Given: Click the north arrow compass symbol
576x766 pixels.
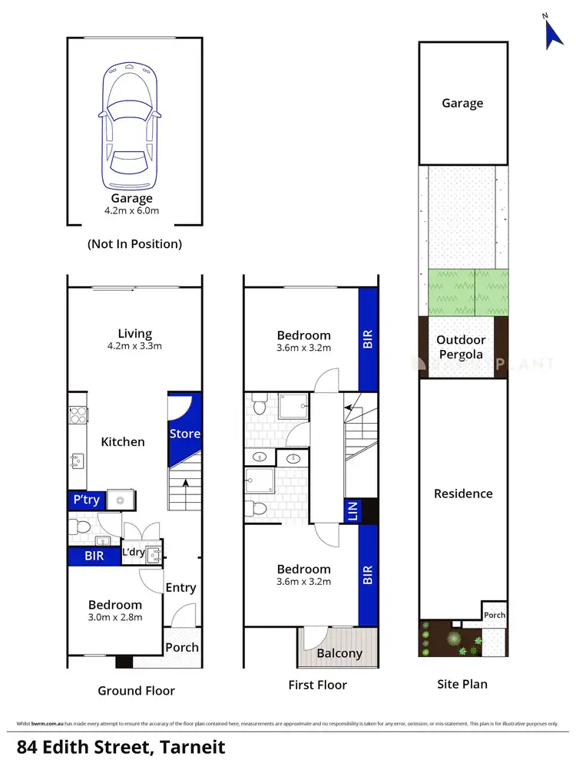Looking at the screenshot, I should [x=554, y=32].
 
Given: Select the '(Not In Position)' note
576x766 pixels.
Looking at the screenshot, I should [x=134, y=244].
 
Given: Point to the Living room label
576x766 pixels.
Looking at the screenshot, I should [x=134, y=334].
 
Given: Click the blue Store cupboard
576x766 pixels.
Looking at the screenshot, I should [x=184, y=434].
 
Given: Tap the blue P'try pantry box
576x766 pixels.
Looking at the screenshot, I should [x=86, y=500].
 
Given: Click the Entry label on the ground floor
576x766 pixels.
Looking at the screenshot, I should [x=181, y=588].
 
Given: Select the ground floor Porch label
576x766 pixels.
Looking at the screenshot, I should [x=182, y=647].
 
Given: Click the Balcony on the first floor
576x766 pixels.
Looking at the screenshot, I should [x=339, y=653].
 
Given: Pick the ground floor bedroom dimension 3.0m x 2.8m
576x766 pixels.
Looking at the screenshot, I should [x=115, y=617].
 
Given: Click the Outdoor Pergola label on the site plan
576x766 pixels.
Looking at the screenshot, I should [x=461, y=347].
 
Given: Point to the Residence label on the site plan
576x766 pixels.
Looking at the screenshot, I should [x=463, y=494].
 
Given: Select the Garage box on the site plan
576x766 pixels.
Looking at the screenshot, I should [x=463, y=103].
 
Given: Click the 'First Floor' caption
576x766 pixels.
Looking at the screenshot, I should [x=318, y=685].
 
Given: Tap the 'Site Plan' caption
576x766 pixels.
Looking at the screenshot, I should [x=461, y=684].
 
